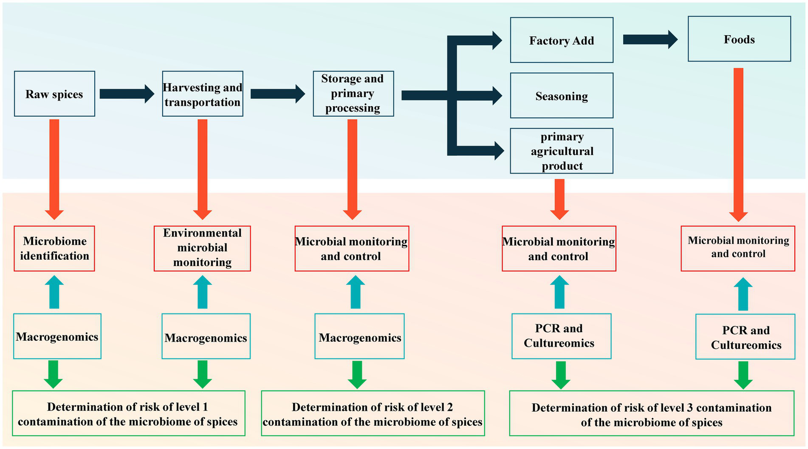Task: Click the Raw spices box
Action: tap(55, 94)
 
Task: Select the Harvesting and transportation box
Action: tap(203, 94)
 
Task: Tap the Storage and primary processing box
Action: tap(353, 94)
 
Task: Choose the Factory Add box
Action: tap(562, 40)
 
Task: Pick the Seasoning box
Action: tap(562, 96)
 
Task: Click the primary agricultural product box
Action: tap(562, 151)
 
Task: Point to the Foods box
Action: tap(739, 39)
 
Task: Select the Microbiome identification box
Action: tap(55, 249)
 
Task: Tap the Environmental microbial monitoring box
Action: tap(202, 248)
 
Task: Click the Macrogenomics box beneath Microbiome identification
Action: tap(57, 336)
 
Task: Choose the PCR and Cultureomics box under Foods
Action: tap(745, 337)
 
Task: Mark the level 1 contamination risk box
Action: tap(128, 414)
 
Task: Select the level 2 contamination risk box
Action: tap(373, 414)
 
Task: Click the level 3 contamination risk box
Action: tap(652, 414)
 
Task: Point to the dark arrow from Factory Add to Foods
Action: tap(650, 39)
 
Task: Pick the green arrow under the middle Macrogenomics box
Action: tap(357, 374)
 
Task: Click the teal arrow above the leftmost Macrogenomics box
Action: tap(54, 292)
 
